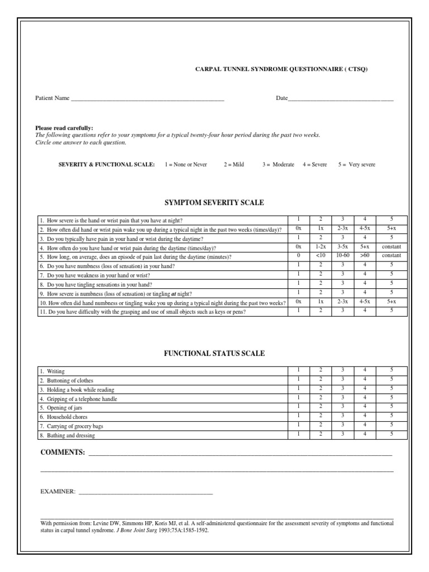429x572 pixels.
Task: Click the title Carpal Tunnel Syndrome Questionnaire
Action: coord(281,69)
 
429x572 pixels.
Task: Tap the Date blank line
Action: coord(341,99)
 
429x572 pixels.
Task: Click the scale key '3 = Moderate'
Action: coord(278,165)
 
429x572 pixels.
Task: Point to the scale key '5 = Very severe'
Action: coord(356,165)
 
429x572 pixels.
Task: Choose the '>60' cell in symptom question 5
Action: coord(365,256)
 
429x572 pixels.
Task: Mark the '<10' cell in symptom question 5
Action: coord(320,256)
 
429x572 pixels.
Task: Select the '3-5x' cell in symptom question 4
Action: coord(342,247)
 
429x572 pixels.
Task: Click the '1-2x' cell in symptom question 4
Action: coord(320,247)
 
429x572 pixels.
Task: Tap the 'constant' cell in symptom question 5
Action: coord(391,256)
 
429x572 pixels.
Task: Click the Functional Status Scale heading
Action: coord(214,354)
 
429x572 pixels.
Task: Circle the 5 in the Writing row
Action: coord(391,370)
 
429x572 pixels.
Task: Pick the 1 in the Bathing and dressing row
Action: coord(299,434)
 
